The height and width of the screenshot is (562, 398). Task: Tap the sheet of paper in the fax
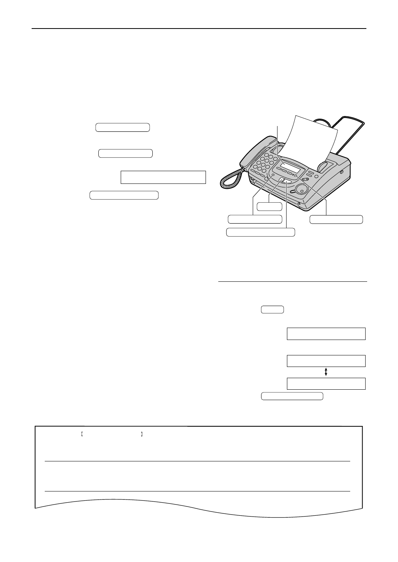[x=309, y=139]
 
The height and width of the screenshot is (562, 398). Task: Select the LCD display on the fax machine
[x=290, y=167]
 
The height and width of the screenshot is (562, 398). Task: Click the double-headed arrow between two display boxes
[x=326, y=372]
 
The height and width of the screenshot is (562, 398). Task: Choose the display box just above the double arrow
[x=326, y=361]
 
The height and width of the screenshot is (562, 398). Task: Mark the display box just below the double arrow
[x=326, y=384]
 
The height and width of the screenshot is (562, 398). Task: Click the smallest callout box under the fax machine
[x=270, y=206]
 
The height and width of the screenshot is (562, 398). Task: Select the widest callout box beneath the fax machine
[x=260, y=232]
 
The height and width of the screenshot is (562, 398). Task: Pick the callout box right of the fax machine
[x=336, y=219]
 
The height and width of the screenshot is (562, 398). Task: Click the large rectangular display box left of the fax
[x=163, y=177]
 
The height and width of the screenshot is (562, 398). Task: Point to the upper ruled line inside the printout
[x=197, y=461]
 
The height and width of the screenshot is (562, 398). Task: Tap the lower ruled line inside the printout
[x=197, y=491]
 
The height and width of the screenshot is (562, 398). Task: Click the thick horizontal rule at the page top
[x=199, y=29]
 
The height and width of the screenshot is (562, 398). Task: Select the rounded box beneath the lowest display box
[x=292, y=396]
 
